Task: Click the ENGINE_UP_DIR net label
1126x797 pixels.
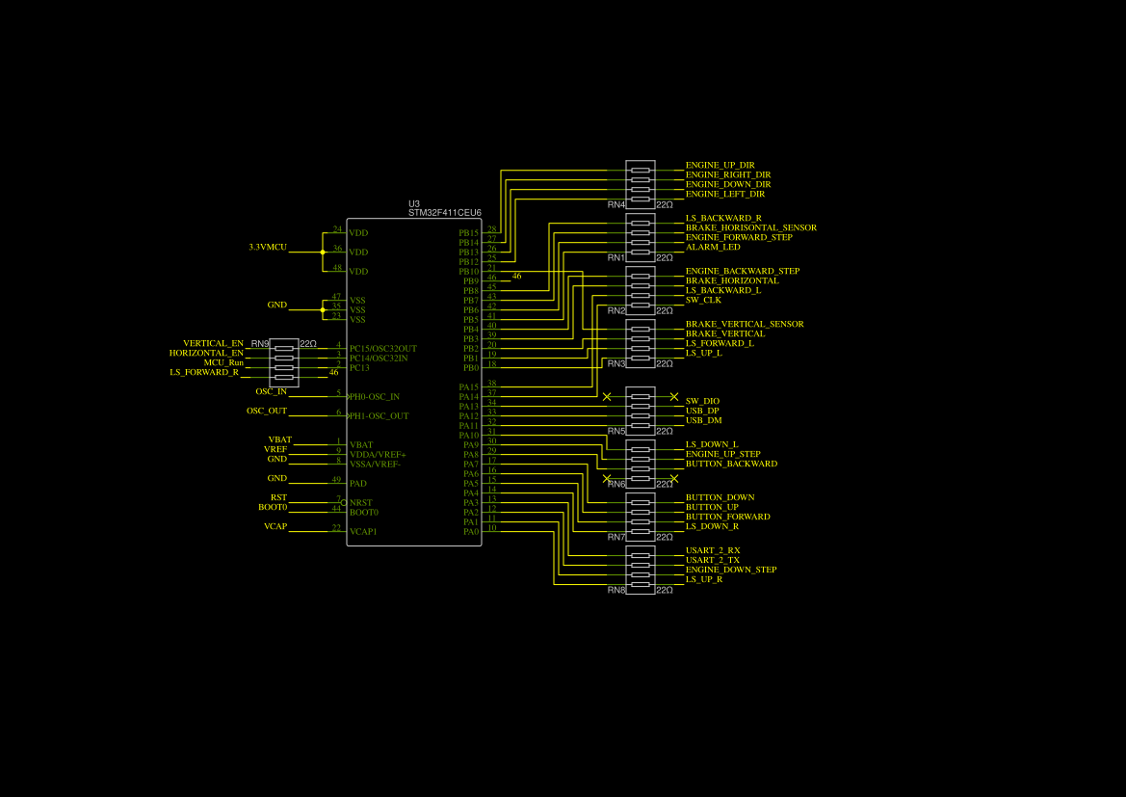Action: [x=720, y=165]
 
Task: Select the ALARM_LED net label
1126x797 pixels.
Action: [x=713, y=247]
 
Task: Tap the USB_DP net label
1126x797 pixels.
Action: [x=702, y=411]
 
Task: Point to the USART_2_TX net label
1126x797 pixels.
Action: [x=713, y=560]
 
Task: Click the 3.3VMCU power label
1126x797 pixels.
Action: [x=268, y=247]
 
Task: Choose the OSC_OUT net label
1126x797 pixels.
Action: [x=267, y=411]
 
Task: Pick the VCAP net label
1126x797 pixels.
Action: [x=275, y=526]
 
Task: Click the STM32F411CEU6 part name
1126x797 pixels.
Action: [x=444, y=213]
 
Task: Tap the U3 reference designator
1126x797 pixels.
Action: [x=414, y=203]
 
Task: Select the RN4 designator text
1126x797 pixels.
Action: [x=616, y=204]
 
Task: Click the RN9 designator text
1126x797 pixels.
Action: [x=260, y=343]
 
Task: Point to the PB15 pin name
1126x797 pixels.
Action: [x=468, y=233]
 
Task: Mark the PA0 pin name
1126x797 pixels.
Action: [x=470, y=532]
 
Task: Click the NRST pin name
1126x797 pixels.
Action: [x=360, y=503]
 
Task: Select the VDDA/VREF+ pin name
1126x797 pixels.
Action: [x=378, y=455]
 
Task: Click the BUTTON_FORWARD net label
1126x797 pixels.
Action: [x=727, y=517]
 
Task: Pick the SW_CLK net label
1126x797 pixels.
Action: [x=703, y=300]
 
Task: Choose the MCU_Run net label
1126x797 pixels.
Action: [x=223, y=362]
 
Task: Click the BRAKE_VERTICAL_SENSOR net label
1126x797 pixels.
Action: [x=745, y=324]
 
